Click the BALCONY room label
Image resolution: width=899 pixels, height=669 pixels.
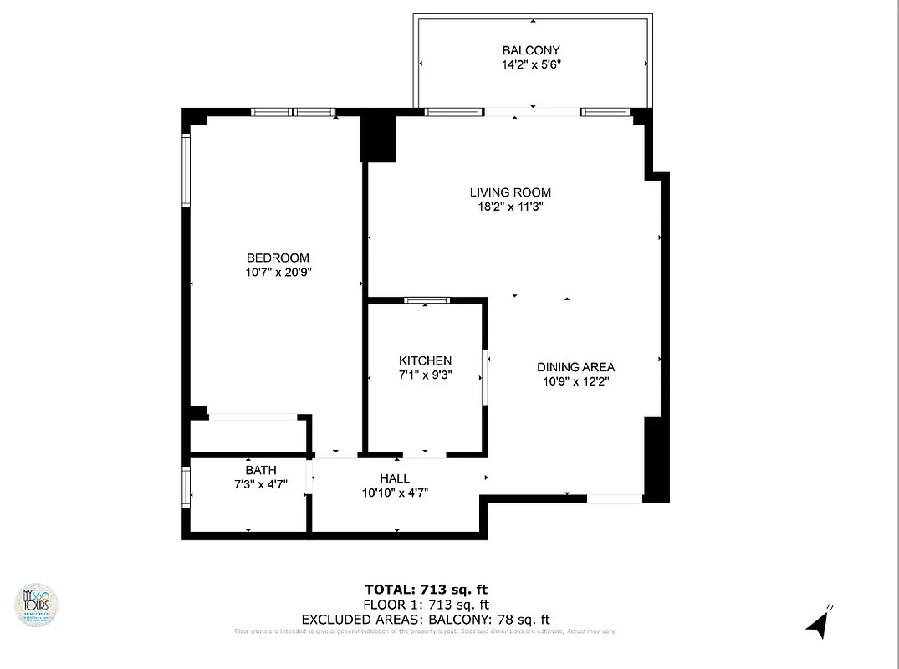[531, 50]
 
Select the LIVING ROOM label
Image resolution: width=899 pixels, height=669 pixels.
[510, 193]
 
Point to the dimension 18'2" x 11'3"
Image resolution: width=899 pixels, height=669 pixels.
[510, 207]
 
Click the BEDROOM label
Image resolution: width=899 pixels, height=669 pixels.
[278, 258]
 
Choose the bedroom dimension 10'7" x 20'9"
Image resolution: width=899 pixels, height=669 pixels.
[278, 272]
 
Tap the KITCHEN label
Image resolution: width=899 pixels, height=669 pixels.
[425, 360]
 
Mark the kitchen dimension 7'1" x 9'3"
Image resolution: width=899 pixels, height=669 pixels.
[425, 375]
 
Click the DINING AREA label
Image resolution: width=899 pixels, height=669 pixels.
[575, 367]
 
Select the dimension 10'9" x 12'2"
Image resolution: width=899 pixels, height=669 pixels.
[575, 381]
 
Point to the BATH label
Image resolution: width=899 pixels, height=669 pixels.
[260, 470]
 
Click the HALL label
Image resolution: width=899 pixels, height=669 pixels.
[395, 478]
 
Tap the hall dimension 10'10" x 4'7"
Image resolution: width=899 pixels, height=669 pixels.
[395, 493]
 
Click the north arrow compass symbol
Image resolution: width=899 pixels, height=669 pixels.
[818, 623]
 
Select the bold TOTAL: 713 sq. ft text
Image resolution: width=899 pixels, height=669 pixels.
[427, 589]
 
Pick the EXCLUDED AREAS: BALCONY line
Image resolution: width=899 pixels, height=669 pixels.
[425, 620]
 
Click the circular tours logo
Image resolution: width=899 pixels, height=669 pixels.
[38, 604]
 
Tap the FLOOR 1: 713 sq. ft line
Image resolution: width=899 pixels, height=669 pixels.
[427, 605]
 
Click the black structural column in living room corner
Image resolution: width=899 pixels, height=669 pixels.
[378, 138]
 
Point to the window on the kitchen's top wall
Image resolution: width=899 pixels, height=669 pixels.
[427, 300]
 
